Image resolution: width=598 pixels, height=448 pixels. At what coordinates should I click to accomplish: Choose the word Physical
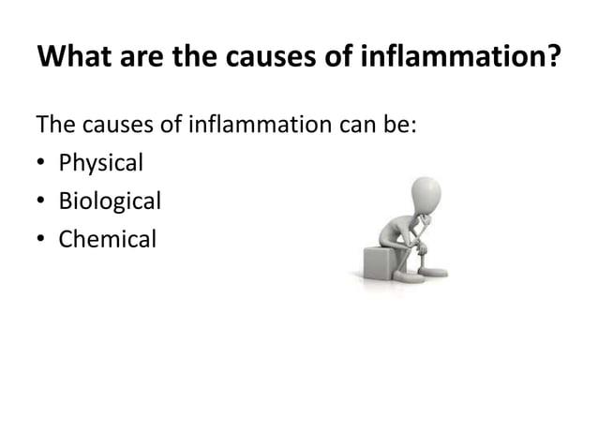point(101,163)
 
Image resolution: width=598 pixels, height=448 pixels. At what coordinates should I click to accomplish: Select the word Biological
point(110,201)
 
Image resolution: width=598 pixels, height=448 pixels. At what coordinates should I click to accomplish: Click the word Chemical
point(107,239)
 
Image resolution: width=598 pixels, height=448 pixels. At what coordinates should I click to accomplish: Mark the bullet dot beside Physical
point(42,164)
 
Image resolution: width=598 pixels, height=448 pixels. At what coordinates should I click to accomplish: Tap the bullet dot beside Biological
point(42,202)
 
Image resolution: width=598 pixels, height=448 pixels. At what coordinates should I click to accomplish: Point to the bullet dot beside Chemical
point(42,240)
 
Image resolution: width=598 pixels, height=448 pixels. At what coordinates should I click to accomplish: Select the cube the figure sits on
point(383,260)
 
